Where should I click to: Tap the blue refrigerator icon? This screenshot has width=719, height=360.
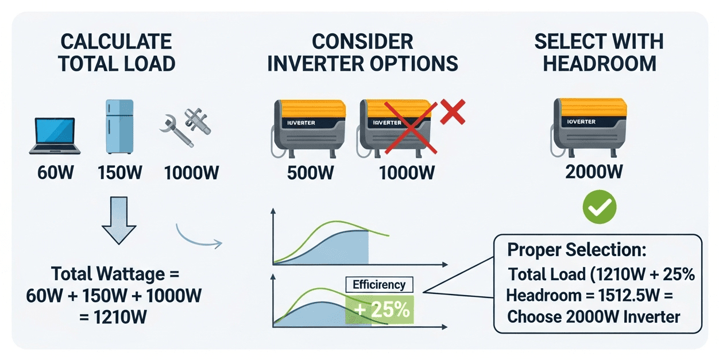point(119,127)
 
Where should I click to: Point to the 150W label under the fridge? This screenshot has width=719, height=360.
point(119,172)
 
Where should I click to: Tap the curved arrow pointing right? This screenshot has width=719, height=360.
point(198,235)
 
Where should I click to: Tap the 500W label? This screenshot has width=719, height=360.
point(311,172)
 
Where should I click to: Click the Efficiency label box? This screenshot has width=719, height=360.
point(378,284)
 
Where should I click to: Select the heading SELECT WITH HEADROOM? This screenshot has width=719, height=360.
point(598,52)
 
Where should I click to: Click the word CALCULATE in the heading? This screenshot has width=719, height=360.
point(116,41)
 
